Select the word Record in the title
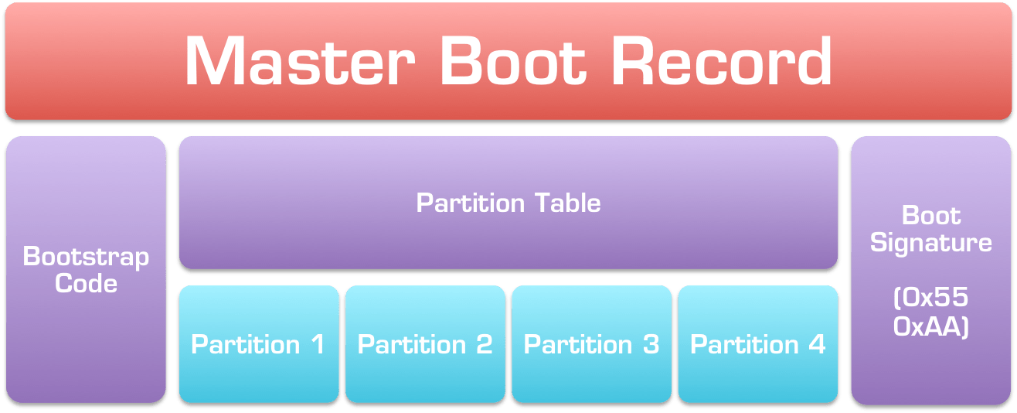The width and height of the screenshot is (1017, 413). [722, 62]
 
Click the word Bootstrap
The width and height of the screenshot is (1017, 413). [86, 257]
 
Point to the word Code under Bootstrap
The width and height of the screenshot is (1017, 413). [86, 283]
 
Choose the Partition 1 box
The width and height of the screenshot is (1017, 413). [259, 343]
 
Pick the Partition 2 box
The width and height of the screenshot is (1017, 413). [425, 343]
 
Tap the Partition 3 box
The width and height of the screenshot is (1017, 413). [591, 343]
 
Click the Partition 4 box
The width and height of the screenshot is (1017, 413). [758, 343]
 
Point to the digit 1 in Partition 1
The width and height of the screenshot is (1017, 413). [316, 344]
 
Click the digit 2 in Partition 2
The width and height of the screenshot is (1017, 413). [484, 344]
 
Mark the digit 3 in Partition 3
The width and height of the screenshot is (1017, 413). [651, 344]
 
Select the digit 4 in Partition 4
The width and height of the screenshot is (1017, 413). [817, 344]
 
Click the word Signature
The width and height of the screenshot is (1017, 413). [931, 243]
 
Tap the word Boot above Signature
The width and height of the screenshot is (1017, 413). [931, 216]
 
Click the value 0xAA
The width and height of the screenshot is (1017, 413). [931, 326]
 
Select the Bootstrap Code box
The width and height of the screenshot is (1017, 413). [86, 348]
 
